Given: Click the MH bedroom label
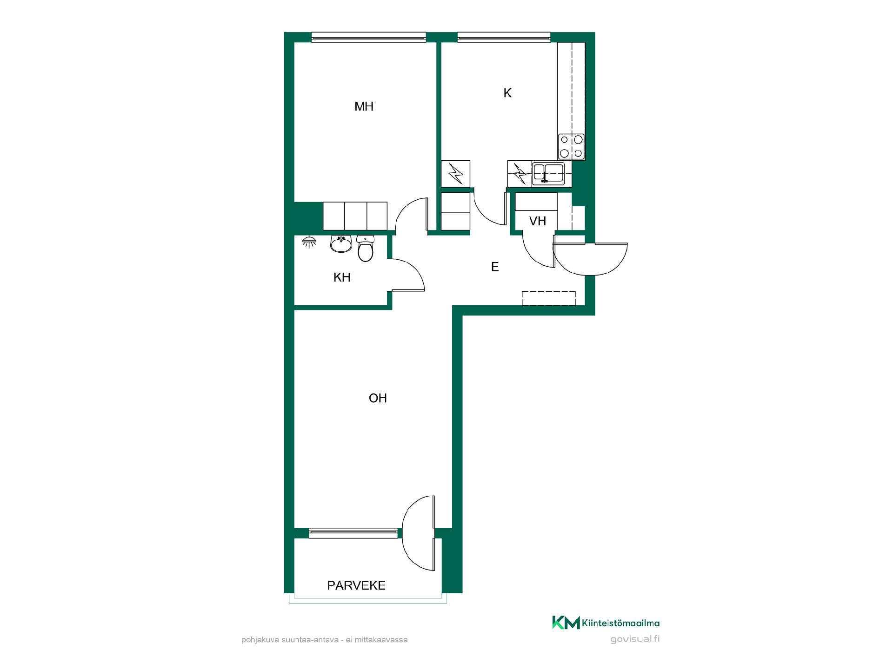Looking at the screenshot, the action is pos(364,107).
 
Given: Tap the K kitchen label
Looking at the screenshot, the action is pos(507,93).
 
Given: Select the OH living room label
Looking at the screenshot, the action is pos(378,398).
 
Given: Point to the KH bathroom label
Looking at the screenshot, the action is pos(342,277).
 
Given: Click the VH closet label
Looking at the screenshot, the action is pos(538,221).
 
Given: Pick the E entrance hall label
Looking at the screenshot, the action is pos(495,267).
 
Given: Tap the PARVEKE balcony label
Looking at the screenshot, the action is pos(356,585).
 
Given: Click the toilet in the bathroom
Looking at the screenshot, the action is pos(366,249).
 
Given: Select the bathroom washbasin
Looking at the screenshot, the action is pos(341,244).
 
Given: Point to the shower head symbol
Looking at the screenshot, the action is pos(309,242).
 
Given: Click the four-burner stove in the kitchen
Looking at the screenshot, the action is pos(571,146).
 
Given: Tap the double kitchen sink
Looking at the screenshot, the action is pos(548,173).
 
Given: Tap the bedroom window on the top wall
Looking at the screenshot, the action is pos(369,37).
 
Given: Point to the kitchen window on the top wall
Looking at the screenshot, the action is pos(504,37).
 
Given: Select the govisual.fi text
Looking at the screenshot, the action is pos(635,639).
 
